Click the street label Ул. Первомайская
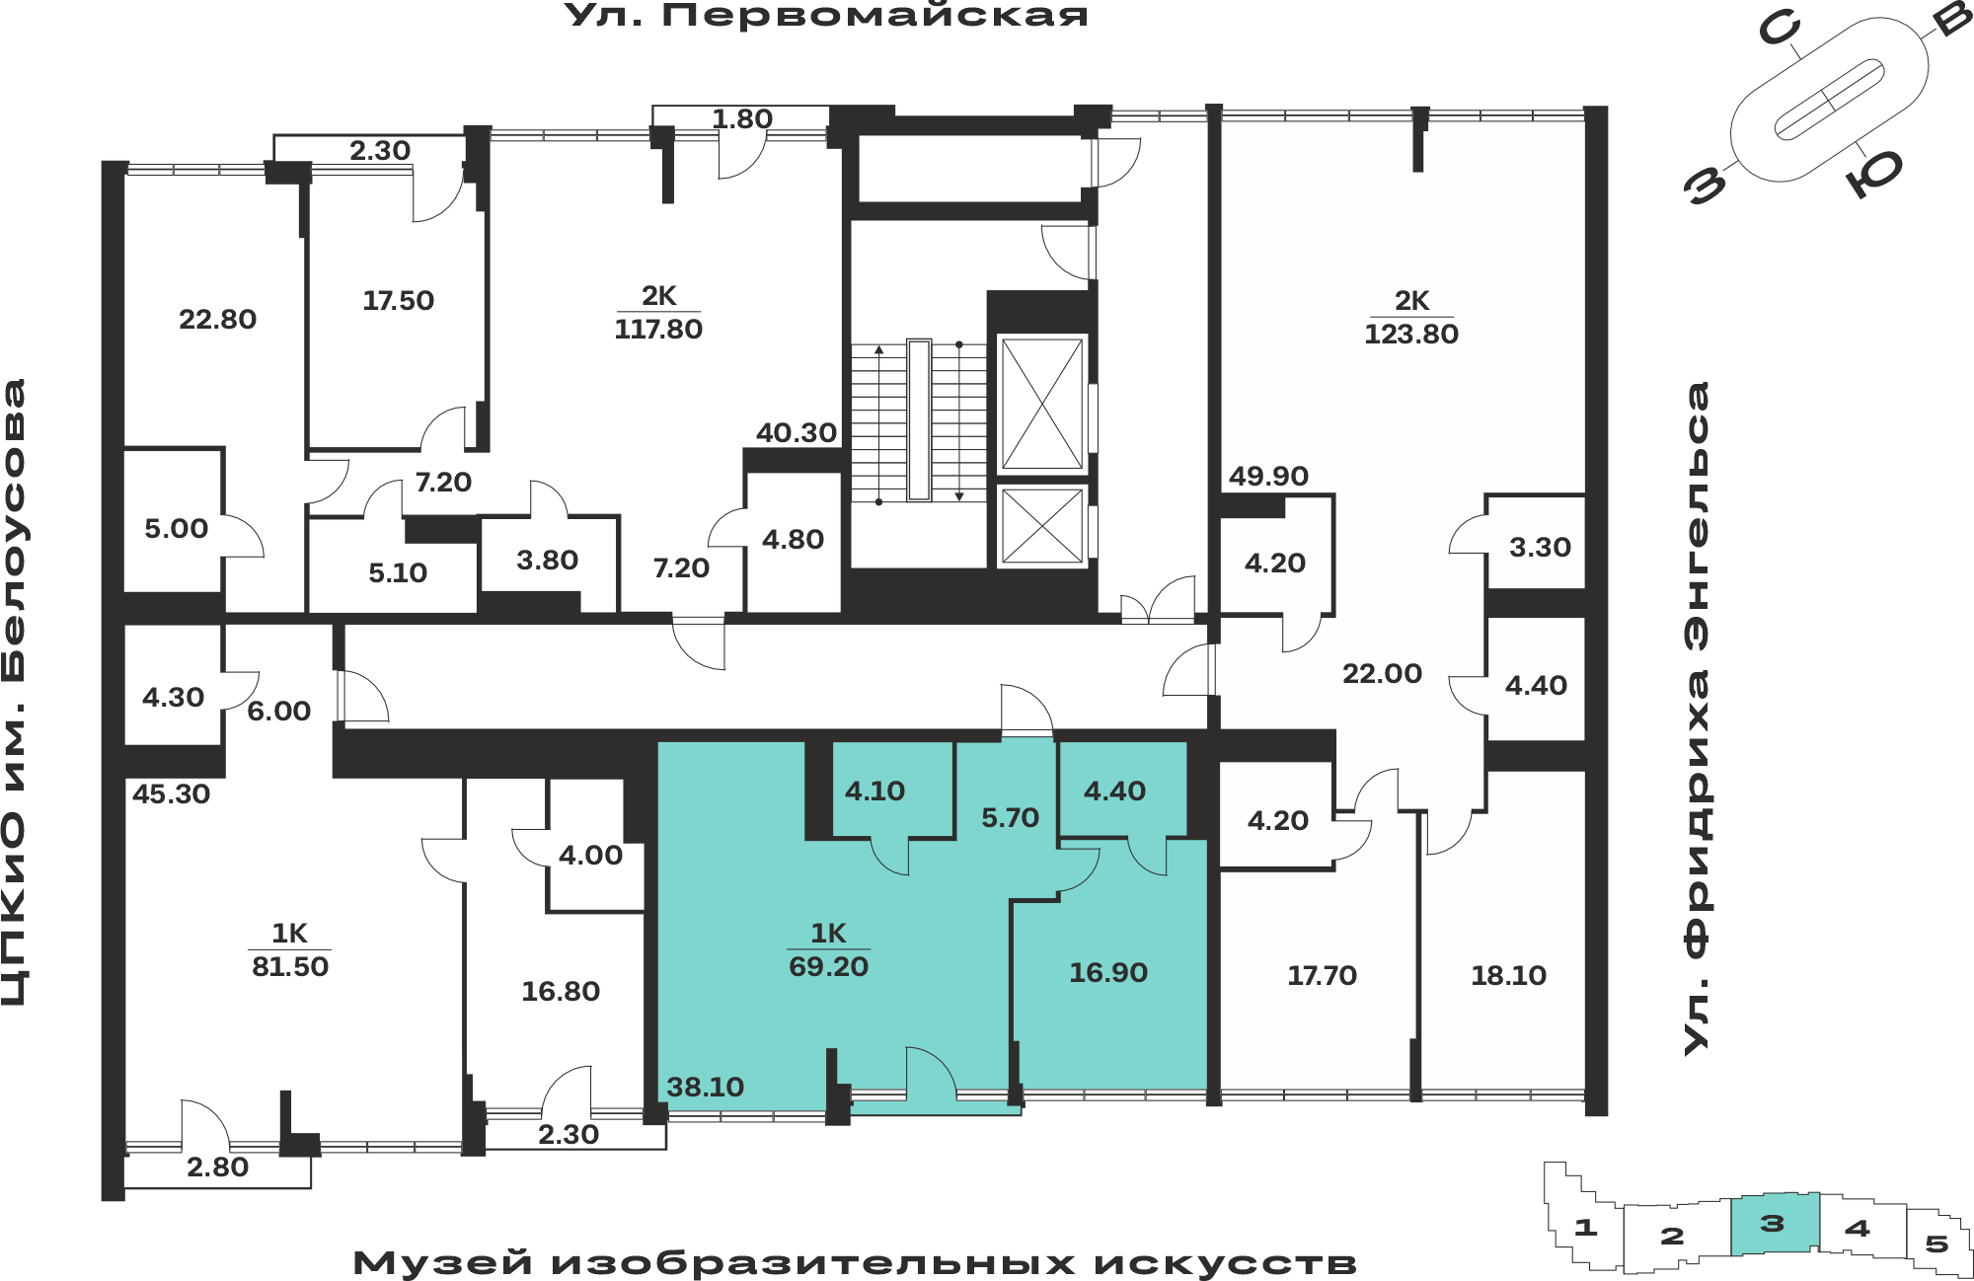click(826, 16)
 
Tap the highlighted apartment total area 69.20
click(828, 967)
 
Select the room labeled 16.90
click(1108, 973)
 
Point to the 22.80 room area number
click(217, 320)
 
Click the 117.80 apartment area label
click(658, 330)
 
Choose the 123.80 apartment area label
click(1411, 335)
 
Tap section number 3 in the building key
click(1773, 1224)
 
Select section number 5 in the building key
click(1936, 1243)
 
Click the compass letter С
click(1780, 30)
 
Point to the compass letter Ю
click(1874, 174)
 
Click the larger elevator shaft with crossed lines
click(1041, 404)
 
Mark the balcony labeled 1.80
click(741, 119)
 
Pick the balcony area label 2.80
click(217, 1168)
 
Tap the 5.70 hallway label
click(1010, 818)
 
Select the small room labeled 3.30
click(1540, 548)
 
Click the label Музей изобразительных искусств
click(855, 1263)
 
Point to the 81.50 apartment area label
click(290, 967)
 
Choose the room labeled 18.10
click(1508, 976)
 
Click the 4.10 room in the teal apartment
click(874, 791)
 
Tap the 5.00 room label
click(176, 529)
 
